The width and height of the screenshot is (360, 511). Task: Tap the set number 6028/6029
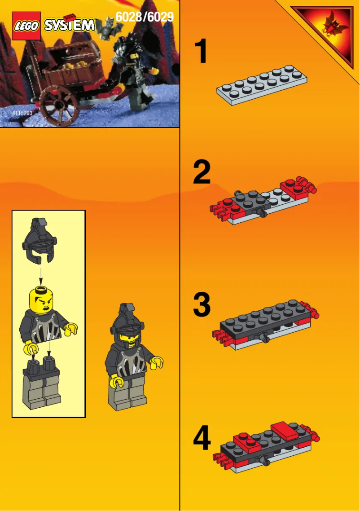coord(144,17)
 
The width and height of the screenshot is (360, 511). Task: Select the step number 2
coord(202,173)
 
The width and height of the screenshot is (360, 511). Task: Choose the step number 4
coord(202,438)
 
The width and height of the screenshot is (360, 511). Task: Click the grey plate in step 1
coord(263,85)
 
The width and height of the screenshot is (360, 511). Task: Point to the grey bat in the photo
coord(106,29)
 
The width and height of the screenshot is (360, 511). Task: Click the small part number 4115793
coord(22,113)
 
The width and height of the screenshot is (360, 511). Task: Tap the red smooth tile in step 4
coord(283,430)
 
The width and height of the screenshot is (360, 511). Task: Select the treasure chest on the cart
coord(72,61)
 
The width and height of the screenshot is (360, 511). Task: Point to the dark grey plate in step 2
coord(250,202)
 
